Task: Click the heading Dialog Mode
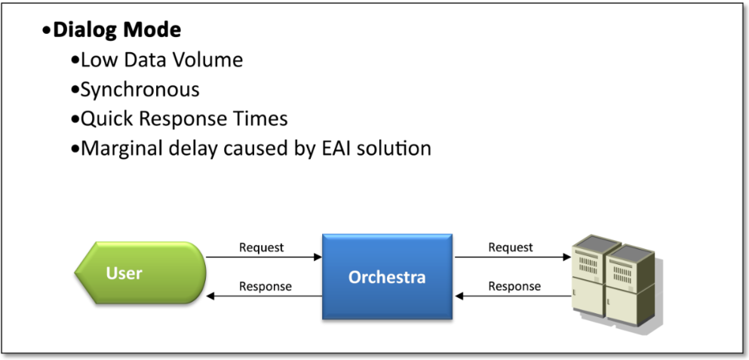pyautogui.click(x=117, y=31)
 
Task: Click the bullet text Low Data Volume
pyautogui.click(x=161, y=60)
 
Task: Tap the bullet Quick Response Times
pyautogui.click(x=184, y=119)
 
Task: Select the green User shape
pyautogui.click(x=140, y=273)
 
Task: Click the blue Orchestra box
pyautogui.click(x=387, y=277)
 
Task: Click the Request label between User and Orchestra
pyautogui.click(x=261, y=248)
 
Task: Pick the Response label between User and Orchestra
pyautogui.click(x=265, y=287)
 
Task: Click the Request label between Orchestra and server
pyautogui.click(x=511, y=248)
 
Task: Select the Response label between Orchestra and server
pyautogui.click(x=514, y=287)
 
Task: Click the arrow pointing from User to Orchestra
pyautogui.click(x=264, y=257)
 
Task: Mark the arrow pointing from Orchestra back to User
pyautogui.click(x=264, y=297)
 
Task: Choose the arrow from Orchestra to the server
pyautogui.click(x=513, y=257)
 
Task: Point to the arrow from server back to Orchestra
pyautogui.click(x=513, y=297)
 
